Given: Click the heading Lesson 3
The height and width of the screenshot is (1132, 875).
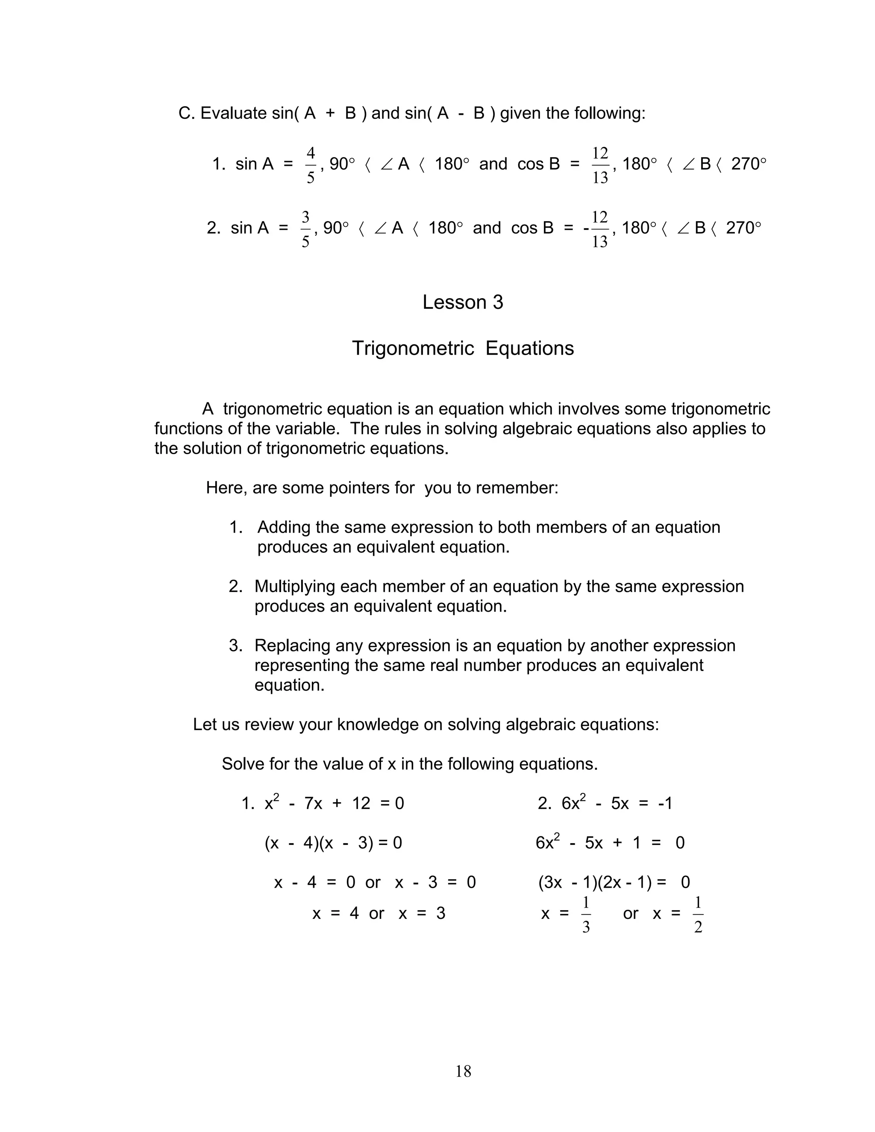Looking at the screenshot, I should click(x=462, y=302).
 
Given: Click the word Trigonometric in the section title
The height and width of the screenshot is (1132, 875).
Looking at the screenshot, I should click(x=413, y=348).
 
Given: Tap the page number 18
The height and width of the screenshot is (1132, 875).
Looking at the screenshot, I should click(x=463, y=1071).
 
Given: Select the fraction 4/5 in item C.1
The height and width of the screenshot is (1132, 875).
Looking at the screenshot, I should click(x=311, y=165).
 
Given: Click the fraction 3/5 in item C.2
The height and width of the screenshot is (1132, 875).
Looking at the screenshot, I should click(x=305, y=229).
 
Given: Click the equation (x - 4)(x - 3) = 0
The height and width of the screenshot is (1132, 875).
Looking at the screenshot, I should click(x=333, y=843).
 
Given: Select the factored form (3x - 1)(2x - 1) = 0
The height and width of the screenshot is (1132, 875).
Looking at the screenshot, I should click(x=614, y=882).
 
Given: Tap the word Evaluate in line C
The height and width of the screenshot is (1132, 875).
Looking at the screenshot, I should click(x=233, y=113).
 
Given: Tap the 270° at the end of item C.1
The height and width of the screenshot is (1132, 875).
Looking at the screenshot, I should click(x=748, y=164).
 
